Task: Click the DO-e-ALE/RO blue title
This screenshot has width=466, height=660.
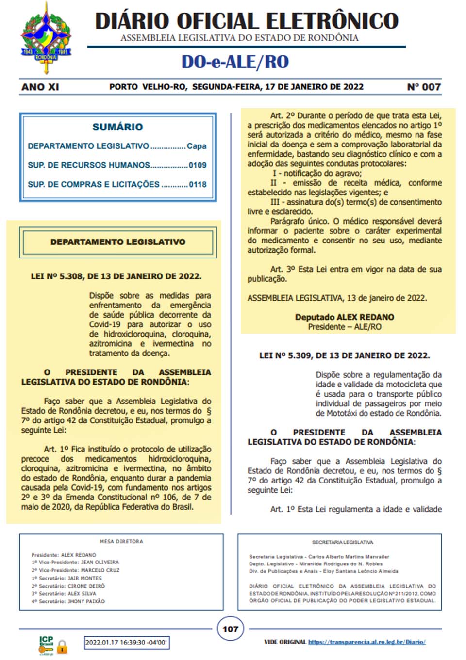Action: pos(235,62)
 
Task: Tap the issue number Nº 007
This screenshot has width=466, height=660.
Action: pos(424,87)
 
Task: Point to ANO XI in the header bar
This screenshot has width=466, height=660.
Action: pos(40,87)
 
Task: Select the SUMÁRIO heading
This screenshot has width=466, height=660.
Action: pos(117,127)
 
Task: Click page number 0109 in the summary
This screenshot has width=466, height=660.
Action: pos(198,165)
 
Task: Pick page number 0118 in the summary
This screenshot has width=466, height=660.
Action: pos(198,185)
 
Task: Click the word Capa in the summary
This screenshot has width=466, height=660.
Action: pos(197,146)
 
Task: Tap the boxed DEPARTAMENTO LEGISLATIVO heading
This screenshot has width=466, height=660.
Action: pos(117,242)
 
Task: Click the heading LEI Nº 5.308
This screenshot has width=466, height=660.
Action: pos(116,276)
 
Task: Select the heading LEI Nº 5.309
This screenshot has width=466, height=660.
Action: pos(344,355)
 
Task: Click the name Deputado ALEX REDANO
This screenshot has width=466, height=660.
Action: pos(345,317)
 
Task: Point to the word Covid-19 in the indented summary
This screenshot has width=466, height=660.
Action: pos(105,324)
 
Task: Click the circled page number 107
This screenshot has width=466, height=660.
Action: pos(230,629)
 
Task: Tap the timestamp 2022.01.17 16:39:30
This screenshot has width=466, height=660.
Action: pos(126,643)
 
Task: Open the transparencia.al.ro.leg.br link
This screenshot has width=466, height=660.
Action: pos(366,642)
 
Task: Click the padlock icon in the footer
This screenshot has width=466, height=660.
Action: pos(62,646)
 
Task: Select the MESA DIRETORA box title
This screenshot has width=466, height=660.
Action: pos(121,541)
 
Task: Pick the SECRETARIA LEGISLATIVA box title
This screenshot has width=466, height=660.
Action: pos(342,542)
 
